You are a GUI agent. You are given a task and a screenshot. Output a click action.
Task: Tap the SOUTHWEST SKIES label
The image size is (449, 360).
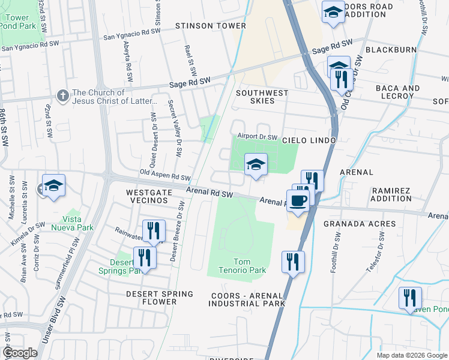[x=262, y=97]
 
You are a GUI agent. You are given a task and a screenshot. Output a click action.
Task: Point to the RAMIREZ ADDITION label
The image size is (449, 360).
[x=391, y=194]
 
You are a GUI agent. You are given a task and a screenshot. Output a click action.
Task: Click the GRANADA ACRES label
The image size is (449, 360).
[x=360, y=224]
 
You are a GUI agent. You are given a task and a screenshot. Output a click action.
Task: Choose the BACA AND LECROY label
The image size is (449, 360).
[x=397, y=92]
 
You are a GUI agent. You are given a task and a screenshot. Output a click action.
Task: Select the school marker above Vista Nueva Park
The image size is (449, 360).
[x=54, y=185]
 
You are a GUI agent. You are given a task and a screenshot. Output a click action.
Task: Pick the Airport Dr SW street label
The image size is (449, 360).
[x=257, y=137]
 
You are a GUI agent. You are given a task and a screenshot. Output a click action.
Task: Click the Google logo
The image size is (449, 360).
[x=20, y=353]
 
